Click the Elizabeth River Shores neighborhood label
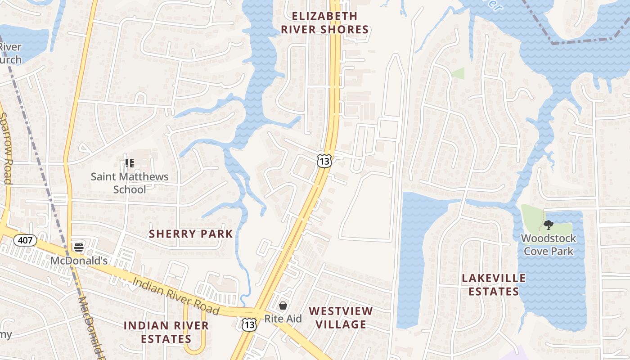[x=324, y=23]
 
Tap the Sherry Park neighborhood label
[x=191, y=234]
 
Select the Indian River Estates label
[x=166, y=332]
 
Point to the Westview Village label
[x=341, y=317]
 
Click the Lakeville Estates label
[x=494, y=284]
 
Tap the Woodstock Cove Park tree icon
[x=548, y=225]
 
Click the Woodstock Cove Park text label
[x=548, y=244]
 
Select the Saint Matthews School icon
[x=130, y=163]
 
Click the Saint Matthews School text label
[x=130, y=183]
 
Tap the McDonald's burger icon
[x=79, y=247]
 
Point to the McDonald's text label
[x=79, y=261]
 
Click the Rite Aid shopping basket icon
[x=283, y=306]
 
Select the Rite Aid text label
[x=283, y=319]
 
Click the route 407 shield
[x=25, y=240]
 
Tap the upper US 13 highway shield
[x=324, y=161]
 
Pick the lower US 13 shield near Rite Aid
[x=249, y=324]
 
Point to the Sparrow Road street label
[x=6, y=148]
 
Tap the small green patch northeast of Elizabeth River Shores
[x=458, y=73]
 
